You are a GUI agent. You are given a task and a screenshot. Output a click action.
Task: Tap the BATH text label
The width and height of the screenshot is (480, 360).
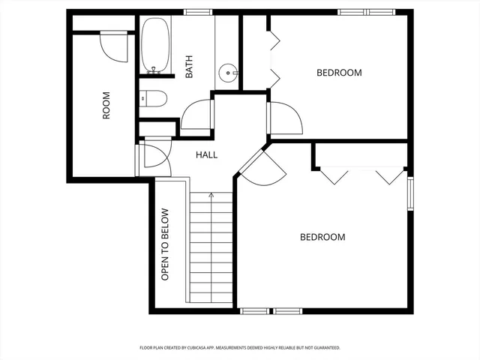pyautogui.click(x=189, y=68)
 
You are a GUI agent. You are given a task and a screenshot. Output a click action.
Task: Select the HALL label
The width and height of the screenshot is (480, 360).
pyautogui.click(x=206, y=155)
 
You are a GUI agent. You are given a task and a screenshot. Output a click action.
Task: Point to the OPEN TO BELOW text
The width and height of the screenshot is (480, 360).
pyautogui.click(x=166, y=244)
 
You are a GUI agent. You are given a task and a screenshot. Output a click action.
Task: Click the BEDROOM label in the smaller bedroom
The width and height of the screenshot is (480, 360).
pyautogui.click(x=339, y=73)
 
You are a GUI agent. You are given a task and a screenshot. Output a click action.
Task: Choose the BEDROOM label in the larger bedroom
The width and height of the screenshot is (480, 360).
pyautogui.click(x=322, y=237)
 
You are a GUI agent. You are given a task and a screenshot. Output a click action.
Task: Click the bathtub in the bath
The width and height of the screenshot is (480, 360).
pyautogui.click(x=155, y=46)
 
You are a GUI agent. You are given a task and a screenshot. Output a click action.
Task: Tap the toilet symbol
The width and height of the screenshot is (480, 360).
pyautogui.click(x=151, y=98)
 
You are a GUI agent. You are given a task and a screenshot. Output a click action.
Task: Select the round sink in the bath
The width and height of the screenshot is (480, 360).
pyautogui.click(x=228, y=73)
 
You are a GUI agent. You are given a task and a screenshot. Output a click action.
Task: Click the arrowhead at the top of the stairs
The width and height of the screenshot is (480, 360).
pyautogui.click(x=211, y=195)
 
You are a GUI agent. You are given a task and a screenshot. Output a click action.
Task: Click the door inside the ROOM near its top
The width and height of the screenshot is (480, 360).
pyautogui.click(x=114, y=46)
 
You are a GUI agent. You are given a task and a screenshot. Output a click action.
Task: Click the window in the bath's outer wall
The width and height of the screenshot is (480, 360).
pyautogui.click(x=197, y=12)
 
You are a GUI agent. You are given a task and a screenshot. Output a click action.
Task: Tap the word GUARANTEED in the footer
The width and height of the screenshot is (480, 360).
pyautogui.click(x=324, y=348)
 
